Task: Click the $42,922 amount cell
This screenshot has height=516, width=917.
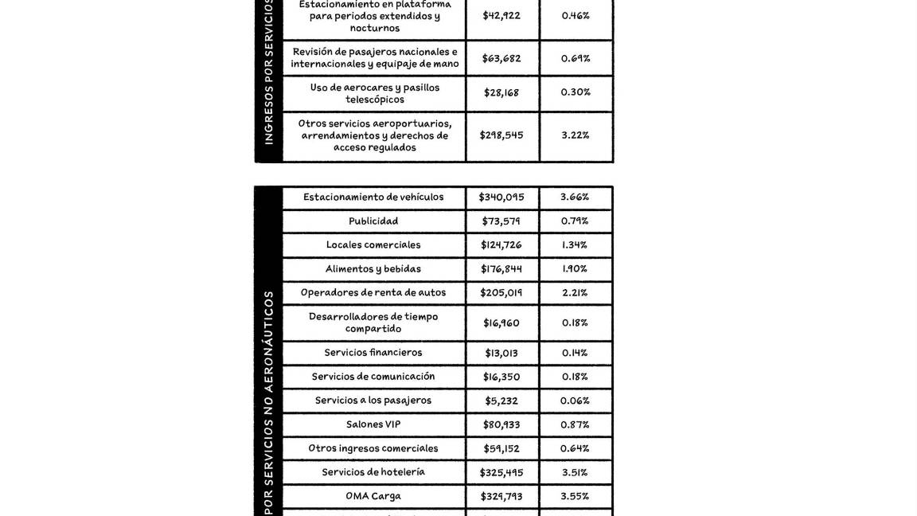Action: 501,15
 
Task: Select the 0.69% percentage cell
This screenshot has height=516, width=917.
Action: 576,58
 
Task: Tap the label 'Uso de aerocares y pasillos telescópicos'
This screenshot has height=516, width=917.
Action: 374,93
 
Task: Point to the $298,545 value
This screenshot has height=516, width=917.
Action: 501,135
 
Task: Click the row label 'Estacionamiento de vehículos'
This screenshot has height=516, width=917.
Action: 373,197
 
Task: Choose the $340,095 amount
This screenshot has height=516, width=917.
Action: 501,197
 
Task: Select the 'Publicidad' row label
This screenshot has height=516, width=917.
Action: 373,221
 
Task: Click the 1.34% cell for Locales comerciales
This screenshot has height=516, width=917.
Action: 575,245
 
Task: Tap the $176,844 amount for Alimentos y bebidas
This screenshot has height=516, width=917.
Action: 501,269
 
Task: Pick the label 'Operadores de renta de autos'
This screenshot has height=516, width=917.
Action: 373,293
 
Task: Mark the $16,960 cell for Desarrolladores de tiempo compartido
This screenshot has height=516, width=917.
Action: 501,323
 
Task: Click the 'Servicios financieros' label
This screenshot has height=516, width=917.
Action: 373,353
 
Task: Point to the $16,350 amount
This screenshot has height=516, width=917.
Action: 501,377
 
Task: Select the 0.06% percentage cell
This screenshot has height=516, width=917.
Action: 575,401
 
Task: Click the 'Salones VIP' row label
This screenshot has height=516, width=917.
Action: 373,424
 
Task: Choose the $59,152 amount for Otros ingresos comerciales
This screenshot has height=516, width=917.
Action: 501,448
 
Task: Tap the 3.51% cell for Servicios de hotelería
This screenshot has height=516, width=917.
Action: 575,472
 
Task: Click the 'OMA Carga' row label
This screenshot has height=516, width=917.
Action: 373,496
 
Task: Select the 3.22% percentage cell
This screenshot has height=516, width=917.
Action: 576,135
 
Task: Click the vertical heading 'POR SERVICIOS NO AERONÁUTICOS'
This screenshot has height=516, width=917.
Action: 268,402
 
